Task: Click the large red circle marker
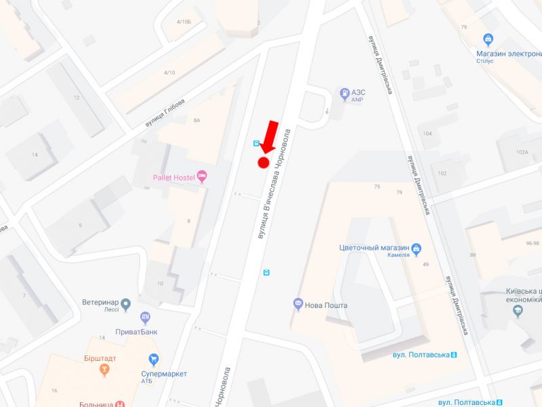point(264,162)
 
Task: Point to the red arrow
point(269,136)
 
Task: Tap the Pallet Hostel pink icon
point(201,177)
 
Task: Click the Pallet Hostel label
point(173,178)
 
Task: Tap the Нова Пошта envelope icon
point(297,305)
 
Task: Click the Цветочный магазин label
point(374,248)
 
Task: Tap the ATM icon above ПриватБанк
point(145,317)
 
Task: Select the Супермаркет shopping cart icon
point(154,359)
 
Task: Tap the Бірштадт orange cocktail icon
point(104,370)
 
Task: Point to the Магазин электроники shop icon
point(488,39)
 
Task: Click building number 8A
point(197,120)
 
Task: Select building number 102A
point(521,152)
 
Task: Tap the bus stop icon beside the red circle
point(256,143)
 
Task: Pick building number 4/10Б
point(183,22)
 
